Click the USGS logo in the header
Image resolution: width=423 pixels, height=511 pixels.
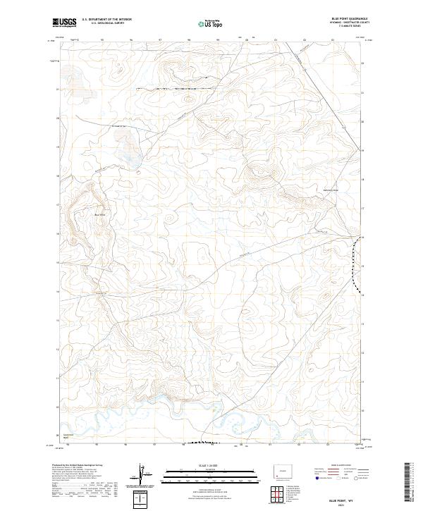(64, 23)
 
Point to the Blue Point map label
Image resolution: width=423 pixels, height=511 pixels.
(99, 215)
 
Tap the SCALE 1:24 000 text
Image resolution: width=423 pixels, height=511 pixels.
(211, 466)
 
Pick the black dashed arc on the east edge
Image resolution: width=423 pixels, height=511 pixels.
(356, 264)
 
